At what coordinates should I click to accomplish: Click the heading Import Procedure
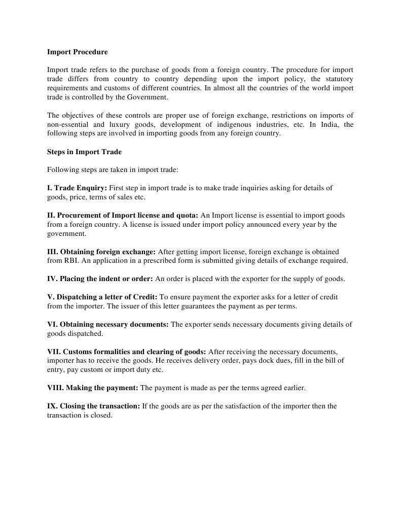(77, 52)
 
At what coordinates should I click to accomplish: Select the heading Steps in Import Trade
(84, 152)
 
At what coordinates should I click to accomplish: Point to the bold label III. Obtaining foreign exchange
(101, 252)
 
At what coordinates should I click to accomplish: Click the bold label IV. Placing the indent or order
(100, 279)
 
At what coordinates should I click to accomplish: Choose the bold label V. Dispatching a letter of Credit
(102, 297)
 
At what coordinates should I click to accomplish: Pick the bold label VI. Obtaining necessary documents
(108, 324)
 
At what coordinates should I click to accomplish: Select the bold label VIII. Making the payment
(93, 388)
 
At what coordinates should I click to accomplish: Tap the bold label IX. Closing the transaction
(93, 406)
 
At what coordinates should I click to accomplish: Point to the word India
(331, 124)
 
